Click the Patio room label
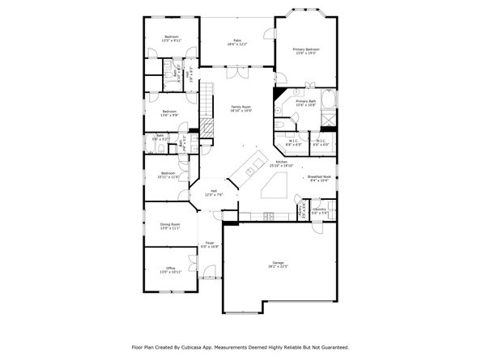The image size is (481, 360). pos(238,41)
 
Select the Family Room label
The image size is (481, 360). pos(241,108)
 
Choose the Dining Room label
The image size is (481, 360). pos(170,226)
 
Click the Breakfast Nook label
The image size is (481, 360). pos(318,178)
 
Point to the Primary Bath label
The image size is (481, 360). pos(305,103)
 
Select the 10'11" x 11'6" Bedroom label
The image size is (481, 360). pos(168,175)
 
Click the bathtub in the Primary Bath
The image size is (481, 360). pos(329,102)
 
